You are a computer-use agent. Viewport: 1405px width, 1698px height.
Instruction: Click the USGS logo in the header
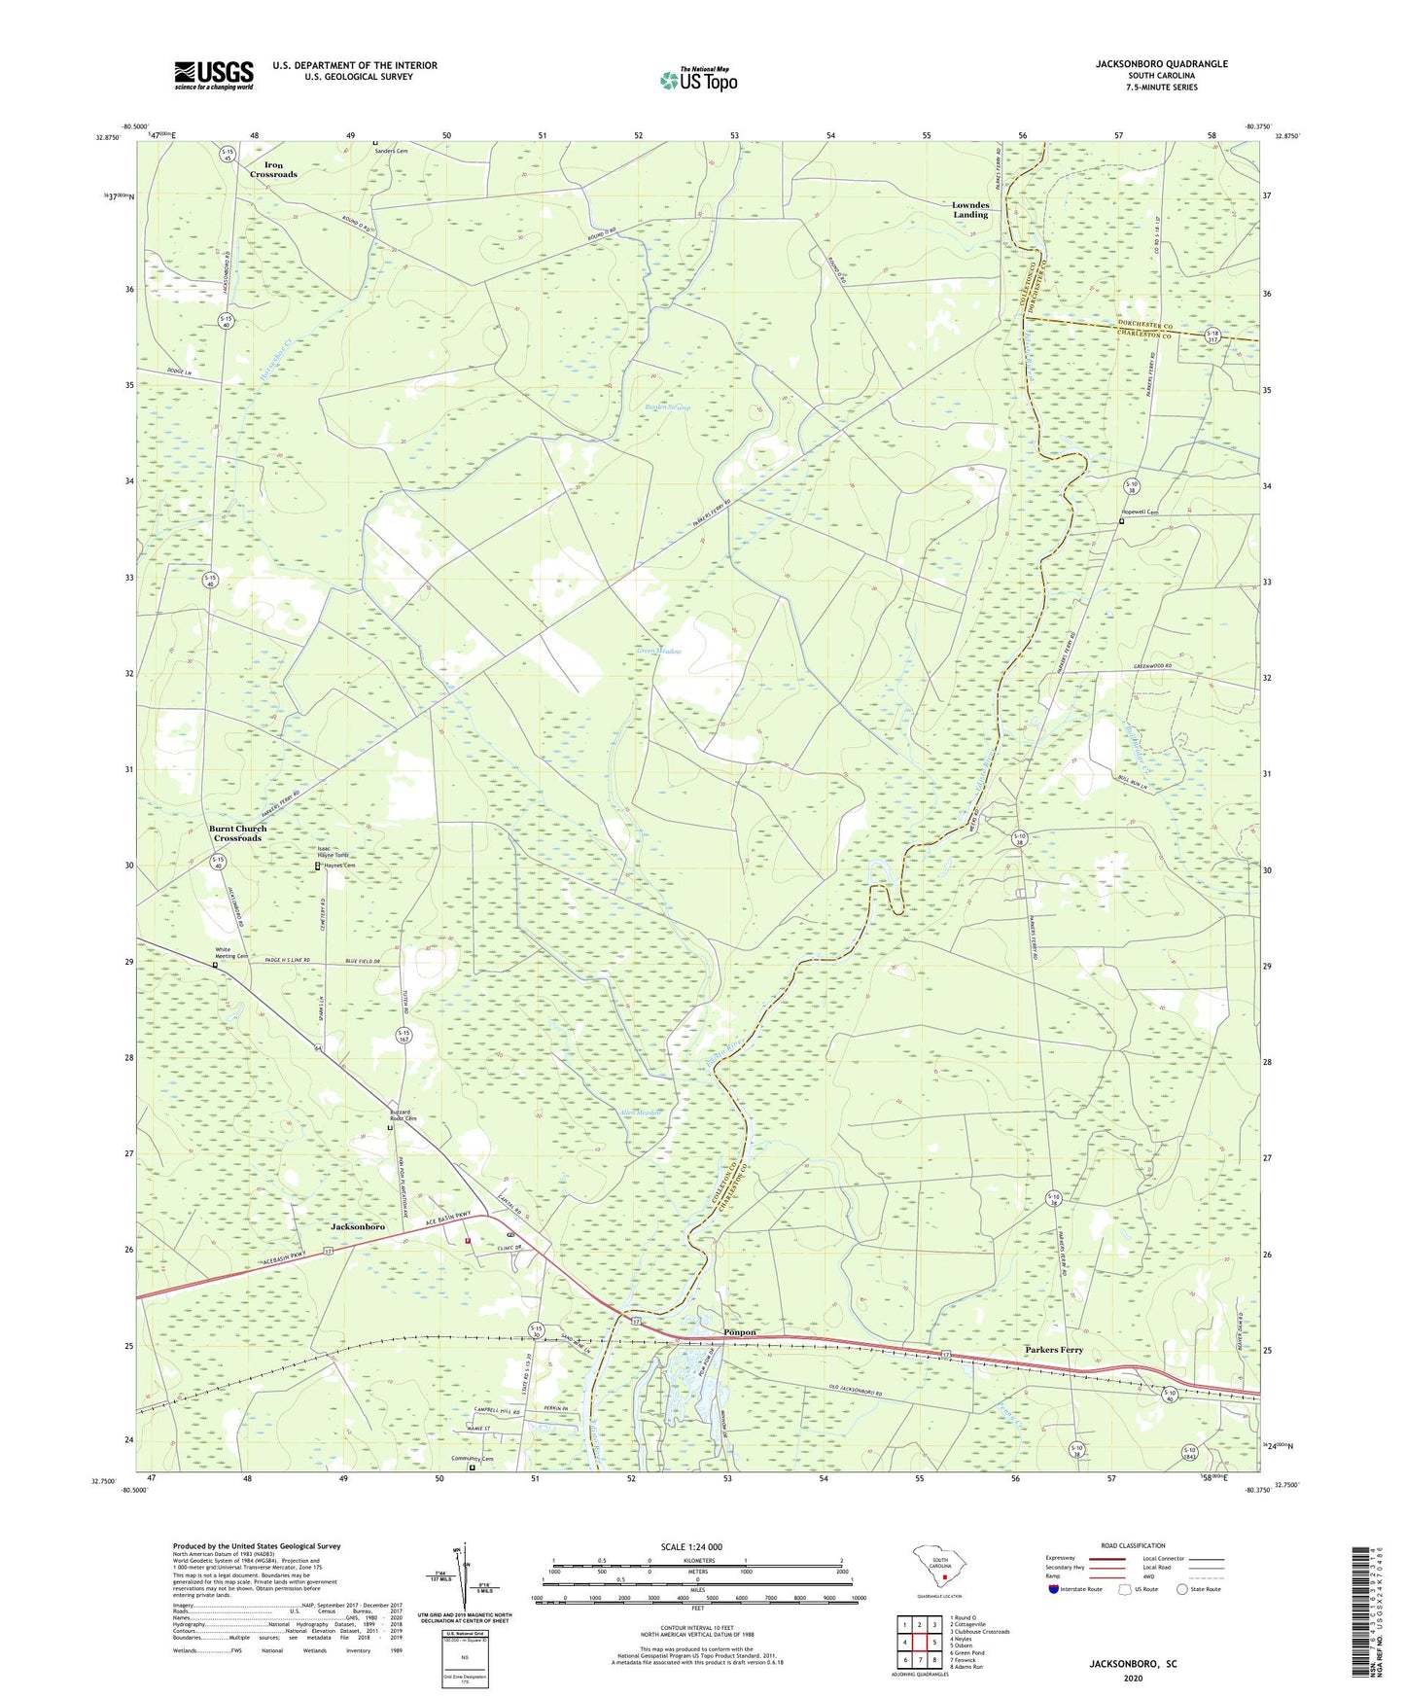[214, 75]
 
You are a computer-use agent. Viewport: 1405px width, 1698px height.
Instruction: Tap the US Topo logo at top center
[698, 80]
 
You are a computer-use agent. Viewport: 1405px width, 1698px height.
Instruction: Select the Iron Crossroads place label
[273, 170]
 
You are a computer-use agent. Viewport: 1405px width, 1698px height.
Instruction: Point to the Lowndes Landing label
[969, 210]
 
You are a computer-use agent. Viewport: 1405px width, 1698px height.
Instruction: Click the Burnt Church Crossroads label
[237, 833]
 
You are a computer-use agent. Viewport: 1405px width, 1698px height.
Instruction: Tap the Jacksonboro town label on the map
[358, 1227]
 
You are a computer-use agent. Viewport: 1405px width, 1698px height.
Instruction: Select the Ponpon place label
[740, 1332]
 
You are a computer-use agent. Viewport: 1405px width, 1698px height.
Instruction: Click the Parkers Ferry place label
[1054, 1350]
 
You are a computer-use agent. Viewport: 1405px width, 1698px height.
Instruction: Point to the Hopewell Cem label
[1140, 513]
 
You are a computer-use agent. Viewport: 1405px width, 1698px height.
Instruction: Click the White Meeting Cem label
[231, 952]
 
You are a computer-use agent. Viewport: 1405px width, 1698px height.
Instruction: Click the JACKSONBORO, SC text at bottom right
[1133, 1664]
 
